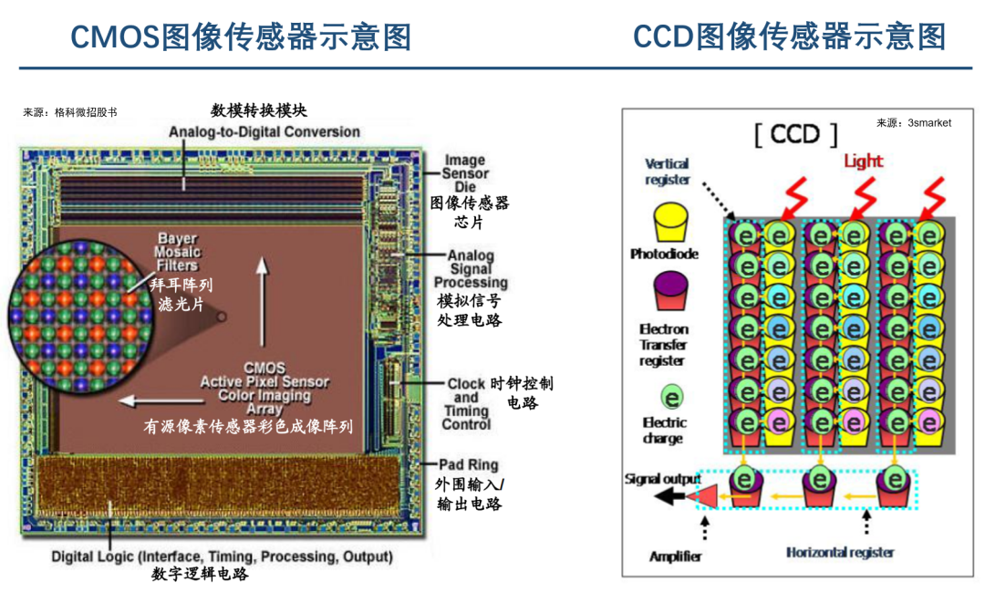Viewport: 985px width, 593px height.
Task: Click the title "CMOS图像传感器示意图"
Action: coord(241,37)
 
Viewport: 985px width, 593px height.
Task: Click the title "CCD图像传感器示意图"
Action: coord(789,37)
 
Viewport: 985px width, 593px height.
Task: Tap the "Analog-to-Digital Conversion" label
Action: coord(264,132)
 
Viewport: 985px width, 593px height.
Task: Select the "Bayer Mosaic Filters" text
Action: coord(177,253)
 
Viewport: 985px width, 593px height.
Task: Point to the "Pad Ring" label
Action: coord(470,465)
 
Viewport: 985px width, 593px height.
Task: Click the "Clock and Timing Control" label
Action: coord(466,404)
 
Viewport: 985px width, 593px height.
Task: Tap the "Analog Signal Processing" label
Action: coord(471,269)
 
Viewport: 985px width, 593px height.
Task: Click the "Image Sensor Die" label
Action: coord(466,173)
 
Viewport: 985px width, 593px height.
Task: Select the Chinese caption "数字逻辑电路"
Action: coord(200,574)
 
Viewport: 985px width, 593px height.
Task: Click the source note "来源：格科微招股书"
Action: coord(70,112)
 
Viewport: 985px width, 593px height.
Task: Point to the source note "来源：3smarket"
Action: coord(913,123)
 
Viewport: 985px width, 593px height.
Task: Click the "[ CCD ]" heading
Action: coord(795,135)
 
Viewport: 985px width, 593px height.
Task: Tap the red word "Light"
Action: coord(863,161)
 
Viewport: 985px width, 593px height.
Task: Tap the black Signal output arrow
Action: coord(675,496)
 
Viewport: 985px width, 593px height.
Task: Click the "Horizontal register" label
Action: coord(840,552)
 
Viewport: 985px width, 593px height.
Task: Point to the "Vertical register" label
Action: coord(668,172)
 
